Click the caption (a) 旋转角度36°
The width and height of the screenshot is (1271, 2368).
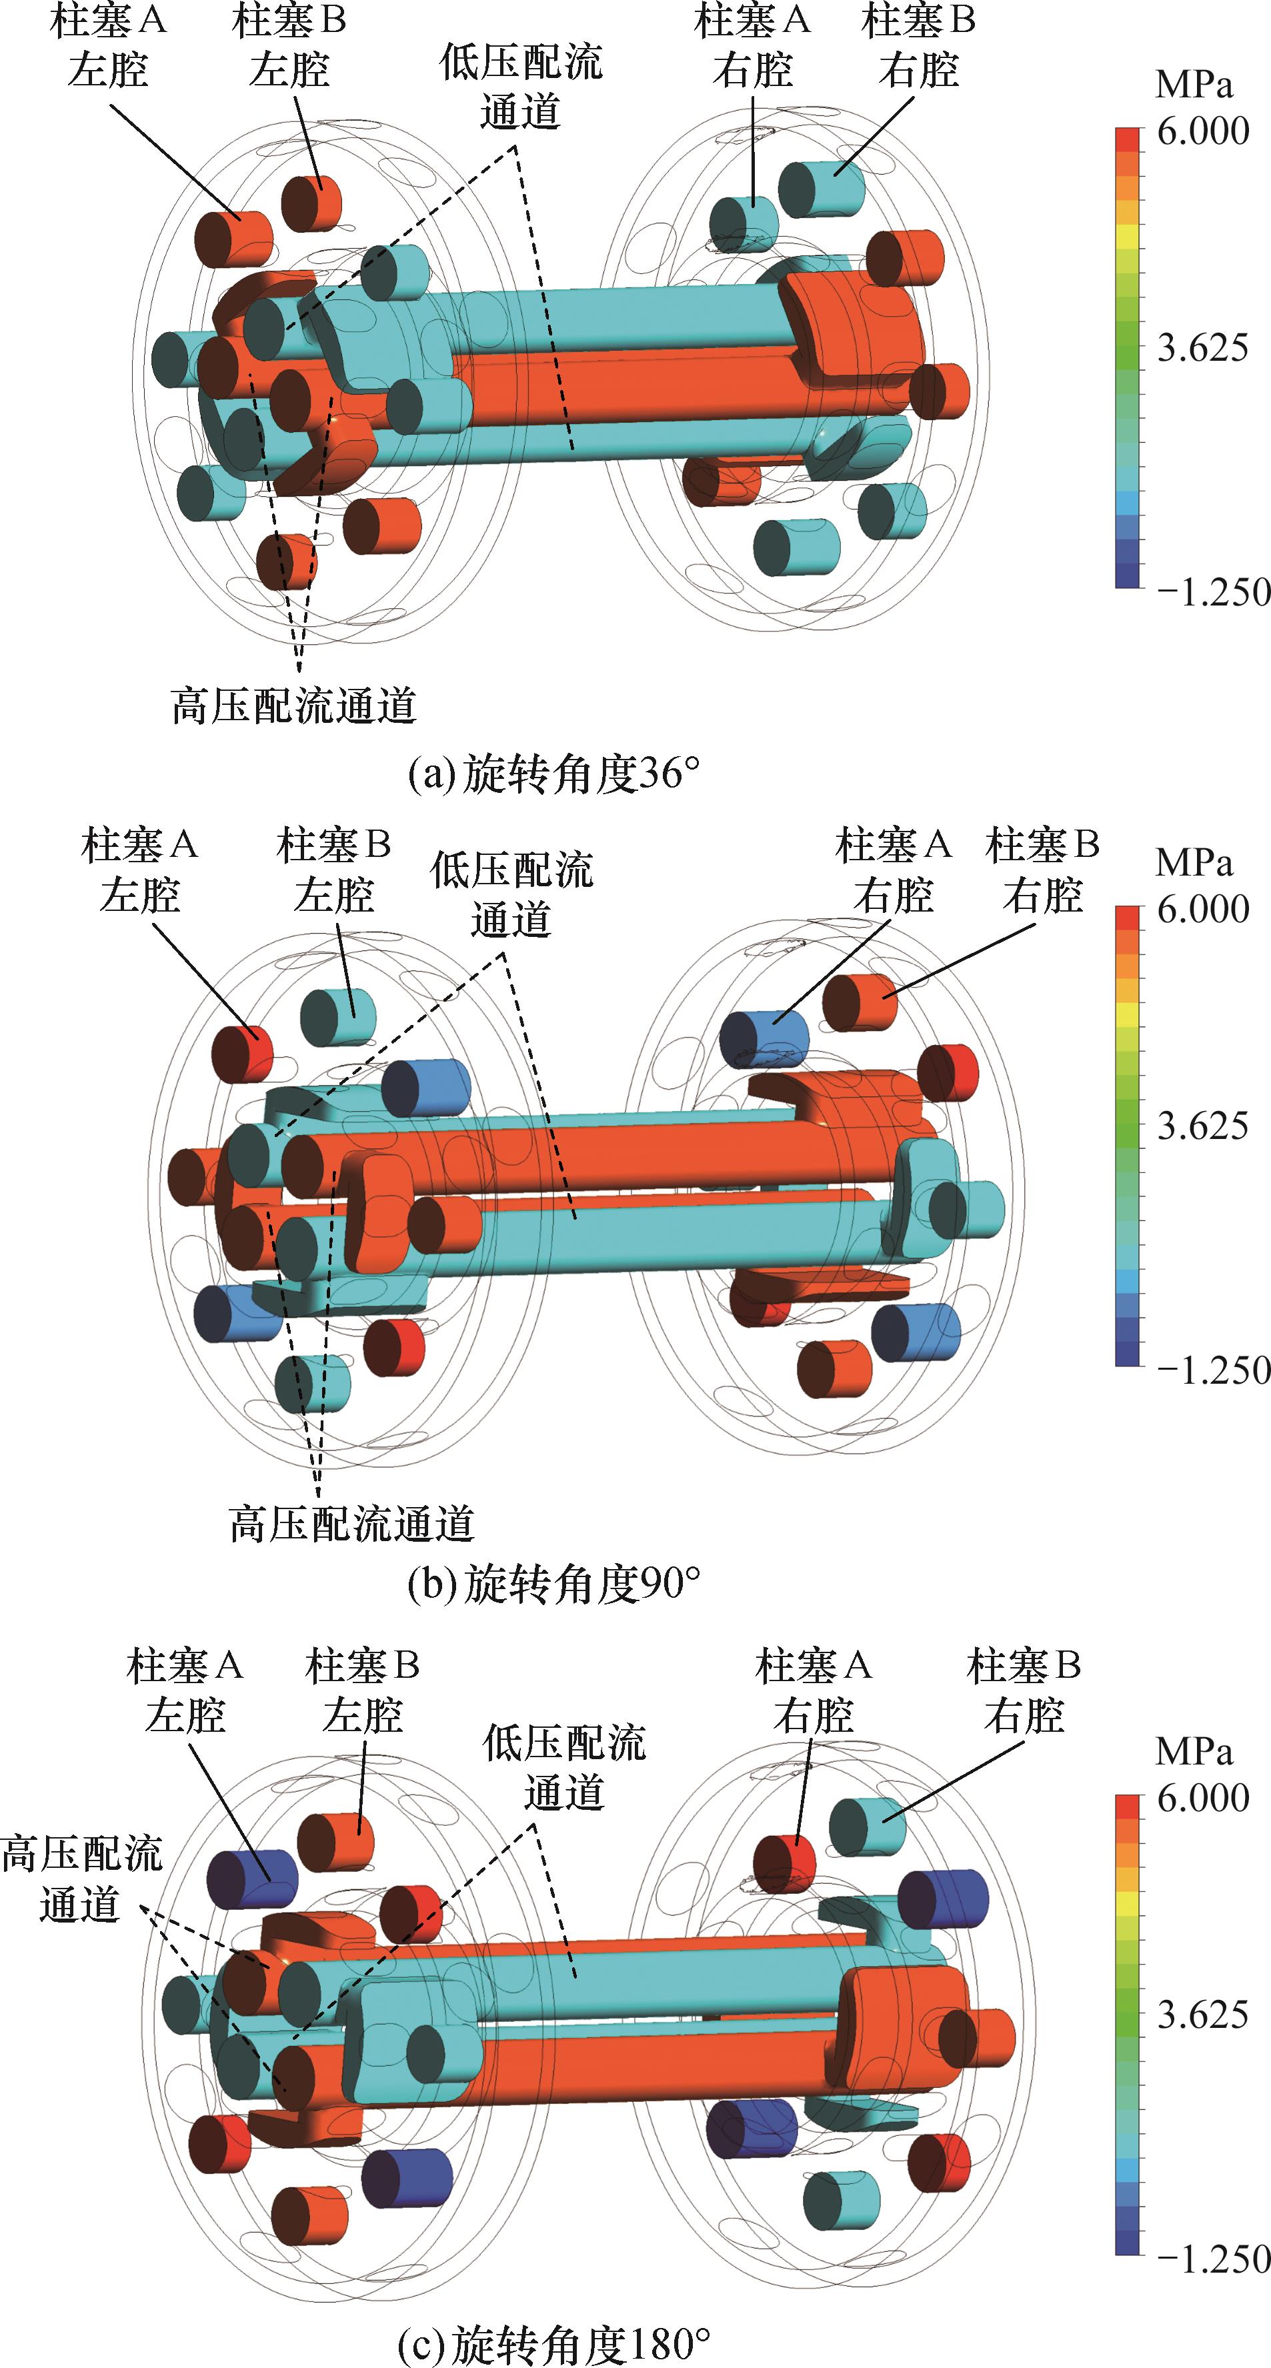553,775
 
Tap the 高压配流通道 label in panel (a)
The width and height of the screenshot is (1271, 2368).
294,706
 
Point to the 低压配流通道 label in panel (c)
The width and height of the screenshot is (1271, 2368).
564,1766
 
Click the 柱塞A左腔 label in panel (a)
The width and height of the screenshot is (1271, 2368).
109,46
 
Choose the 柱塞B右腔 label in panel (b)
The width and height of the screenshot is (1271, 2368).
1042,870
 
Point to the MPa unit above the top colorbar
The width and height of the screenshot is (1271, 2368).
1193,85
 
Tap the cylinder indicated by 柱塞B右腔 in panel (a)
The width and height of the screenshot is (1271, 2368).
822,189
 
